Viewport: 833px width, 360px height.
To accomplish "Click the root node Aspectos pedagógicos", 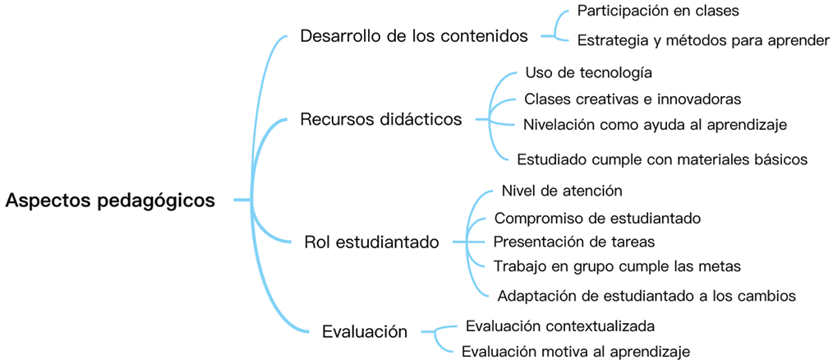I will [x=110, y=201].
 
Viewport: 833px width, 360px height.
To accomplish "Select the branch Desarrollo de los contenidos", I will [x=414, y=36].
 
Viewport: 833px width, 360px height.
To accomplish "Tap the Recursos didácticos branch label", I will [x=381, y=120].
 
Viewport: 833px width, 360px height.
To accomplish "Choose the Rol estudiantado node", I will [x=371, y=242].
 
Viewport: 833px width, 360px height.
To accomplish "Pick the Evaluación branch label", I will [x=365, y=332].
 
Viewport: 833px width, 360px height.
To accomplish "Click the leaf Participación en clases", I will [x=658, y=12].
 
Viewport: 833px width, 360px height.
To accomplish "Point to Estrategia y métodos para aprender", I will [x=703, y=39].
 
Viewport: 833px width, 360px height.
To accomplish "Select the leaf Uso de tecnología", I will [x=588, y=73].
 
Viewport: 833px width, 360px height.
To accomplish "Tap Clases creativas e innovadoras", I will [x=633, y=99].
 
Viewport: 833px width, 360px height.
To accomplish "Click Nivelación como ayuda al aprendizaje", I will [x=655, y=125].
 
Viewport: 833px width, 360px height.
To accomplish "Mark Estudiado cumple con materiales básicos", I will [x=662, y=159].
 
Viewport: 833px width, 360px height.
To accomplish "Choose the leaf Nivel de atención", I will [x=562, y=191].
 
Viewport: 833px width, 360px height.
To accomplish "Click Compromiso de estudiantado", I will [x=596, y=219].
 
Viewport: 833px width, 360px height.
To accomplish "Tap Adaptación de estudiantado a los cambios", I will [x=646, y=295].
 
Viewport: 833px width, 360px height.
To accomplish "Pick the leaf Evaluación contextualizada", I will [x=560, y=326].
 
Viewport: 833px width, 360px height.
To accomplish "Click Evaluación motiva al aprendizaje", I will [x=576, y=352].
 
